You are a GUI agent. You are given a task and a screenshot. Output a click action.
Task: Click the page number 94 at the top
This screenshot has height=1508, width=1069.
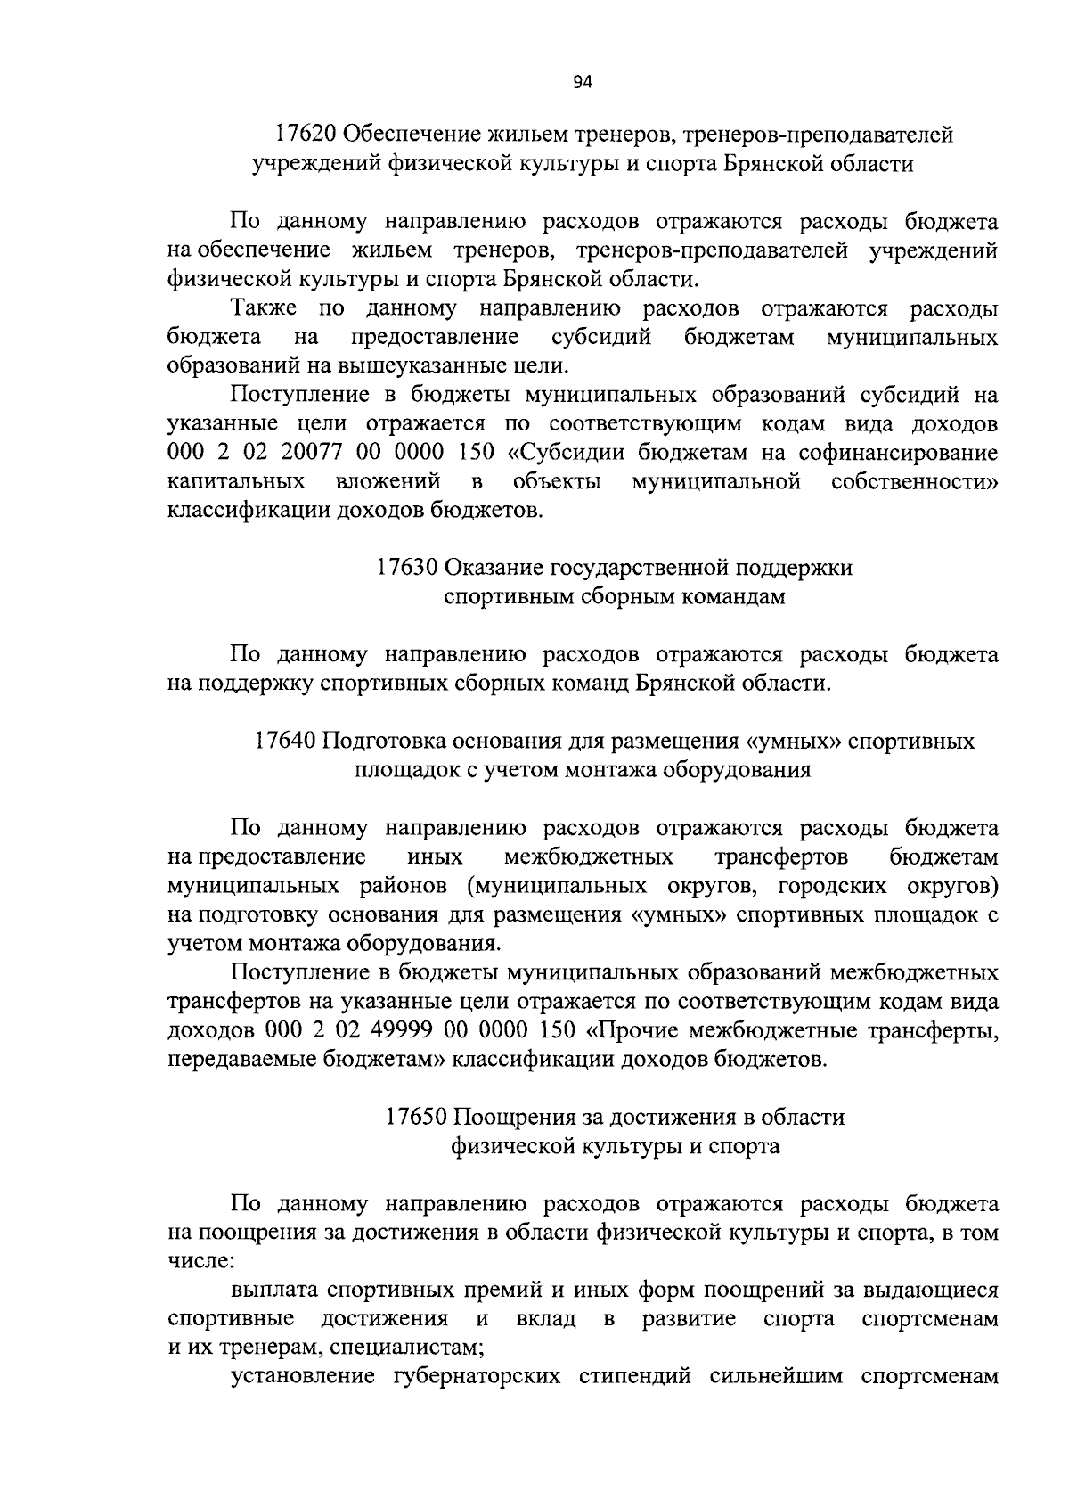[x=582, y=83]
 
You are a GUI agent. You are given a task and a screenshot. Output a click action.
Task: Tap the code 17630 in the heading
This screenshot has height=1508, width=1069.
[x=405, y=568]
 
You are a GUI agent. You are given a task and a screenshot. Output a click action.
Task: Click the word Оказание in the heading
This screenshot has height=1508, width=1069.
[x=496, y=568]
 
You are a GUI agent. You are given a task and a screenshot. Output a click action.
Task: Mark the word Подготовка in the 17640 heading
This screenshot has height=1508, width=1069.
[x=384, y=742]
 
